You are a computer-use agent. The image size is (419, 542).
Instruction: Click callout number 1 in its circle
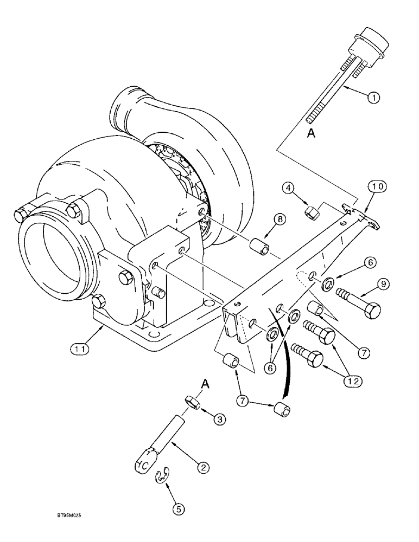pos(373,98)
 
